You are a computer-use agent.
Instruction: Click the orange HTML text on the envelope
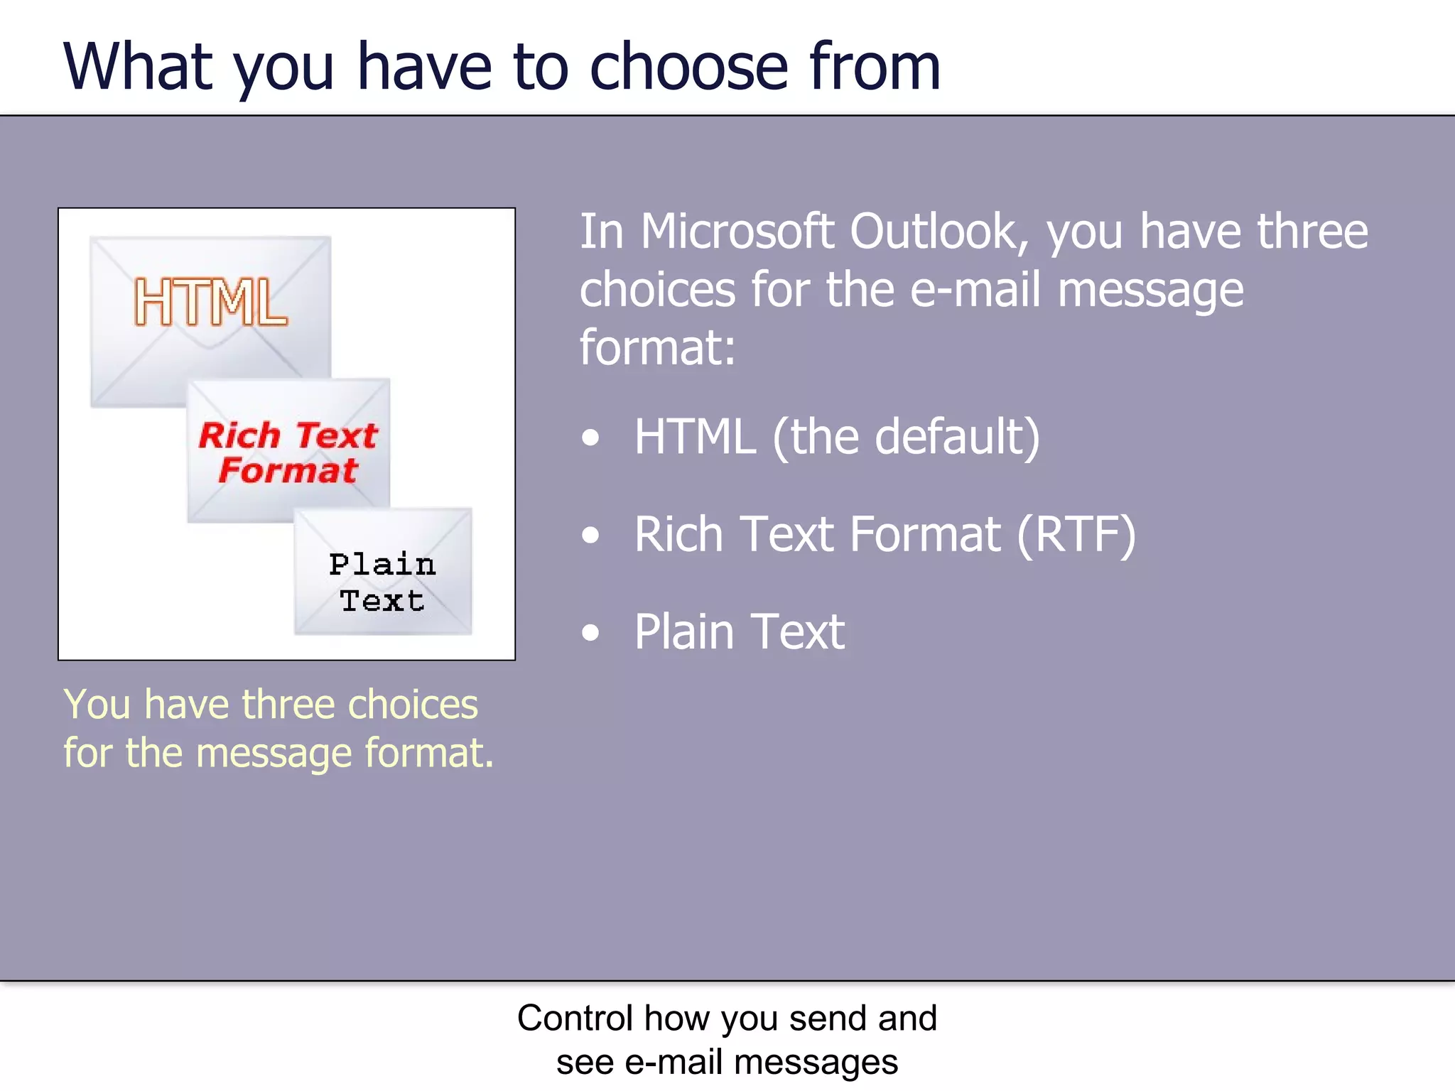tap(211, 303)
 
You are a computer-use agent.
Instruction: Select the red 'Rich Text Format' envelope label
tap(288, 452)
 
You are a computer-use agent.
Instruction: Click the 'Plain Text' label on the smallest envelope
tap(382, 582)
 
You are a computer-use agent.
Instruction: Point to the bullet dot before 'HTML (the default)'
tap(590, 438)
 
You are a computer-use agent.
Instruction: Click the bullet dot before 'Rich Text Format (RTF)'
tap(590, 536)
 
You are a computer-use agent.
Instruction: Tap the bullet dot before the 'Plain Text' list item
tap(590, 632)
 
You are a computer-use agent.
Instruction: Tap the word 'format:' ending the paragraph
tap(657, 348)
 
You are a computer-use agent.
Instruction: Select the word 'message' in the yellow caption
tap(274, 753)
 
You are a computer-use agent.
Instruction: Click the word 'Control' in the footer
tap(575, 1018)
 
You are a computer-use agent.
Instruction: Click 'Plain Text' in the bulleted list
tap(740, 631)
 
